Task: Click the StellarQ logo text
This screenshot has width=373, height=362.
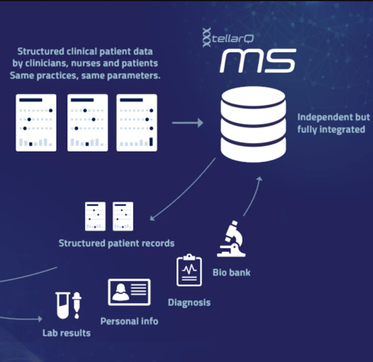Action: [228, 37]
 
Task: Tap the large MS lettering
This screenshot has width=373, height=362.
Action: [258, 60]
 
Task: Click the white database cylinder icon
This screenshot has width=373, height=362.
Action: [253, 124]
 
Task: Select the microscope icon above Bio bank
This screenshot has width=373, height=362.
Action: [231, 239]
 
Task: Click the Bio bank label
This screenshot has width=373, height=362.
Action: [231, 273]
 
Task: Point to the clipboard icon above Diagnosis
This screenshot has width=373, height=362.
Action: [189, 270]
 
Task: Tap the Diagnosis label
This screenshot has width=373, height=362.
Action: [189, 302]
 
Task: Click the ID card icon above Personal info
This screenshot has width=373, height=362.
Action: [129, 292]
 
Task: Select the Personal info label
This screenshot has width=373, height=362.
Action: [129, 321]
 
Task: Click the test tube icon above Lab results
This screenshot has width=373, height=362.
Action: [63, 305]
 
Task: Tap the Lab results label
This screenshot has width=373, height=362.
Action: [66, 333]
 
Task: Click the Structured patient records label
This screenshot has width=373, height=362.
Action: [116, 243]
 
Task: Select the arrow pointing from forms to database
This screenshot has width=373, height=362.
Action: [188, 123]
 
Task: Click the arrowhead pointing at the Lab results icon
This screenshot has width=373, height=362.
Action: [40, 319]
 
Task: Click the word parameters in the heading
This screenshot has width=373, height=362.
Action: [134, 76]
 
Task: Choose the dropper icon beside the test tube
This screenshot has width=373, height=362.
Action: [77, 305]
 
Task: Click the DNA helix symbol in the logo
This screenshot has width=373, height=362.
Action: [207, 37]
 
